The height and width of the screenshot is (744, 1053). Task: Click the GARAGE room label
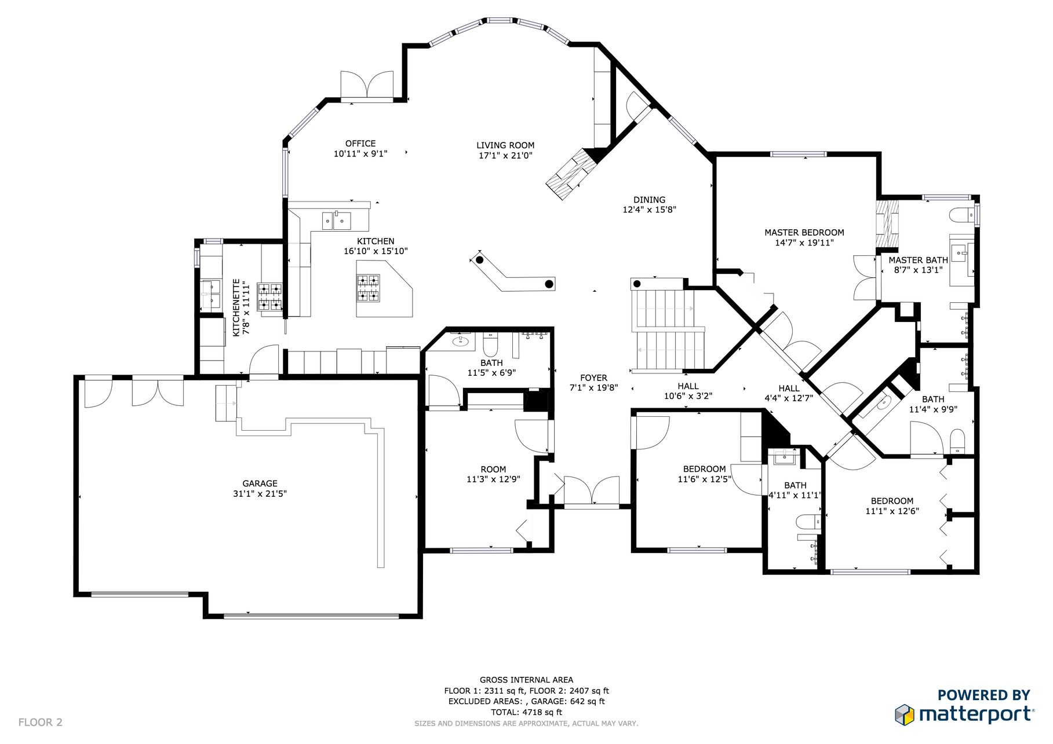260,483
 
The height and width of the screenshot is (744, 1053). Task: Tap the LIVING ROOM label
505,145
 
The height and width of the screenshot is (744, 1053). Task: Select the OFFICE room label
360,144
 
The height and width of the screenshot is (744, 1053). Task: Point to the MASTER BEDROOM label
804,233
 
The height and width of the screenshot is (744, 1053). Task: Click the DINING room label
649,200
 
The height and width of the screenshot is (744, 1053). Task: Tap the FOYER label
593,378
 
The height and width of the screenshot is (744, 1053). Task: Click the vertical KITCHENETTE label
236,307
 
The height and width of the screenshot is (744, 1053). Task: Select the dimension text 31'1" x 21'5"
260,494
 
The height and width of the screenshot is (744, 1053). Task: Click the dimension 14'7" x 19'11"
804,243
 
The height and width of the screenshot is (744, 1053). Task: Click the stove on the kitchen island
368,288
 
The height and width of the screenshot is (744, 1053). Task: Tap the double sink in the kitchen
337,221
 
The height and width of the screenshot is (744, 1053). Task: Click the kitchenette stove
269,296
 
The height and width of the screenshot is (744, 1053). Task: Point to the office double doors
367,86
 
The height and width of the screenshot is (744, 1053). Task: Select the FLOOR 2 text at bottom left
41,723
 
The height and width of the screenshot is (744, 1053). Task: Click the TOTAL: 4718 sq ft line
526,712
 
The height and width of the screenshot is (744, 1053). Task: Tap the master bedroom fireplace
887,224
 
